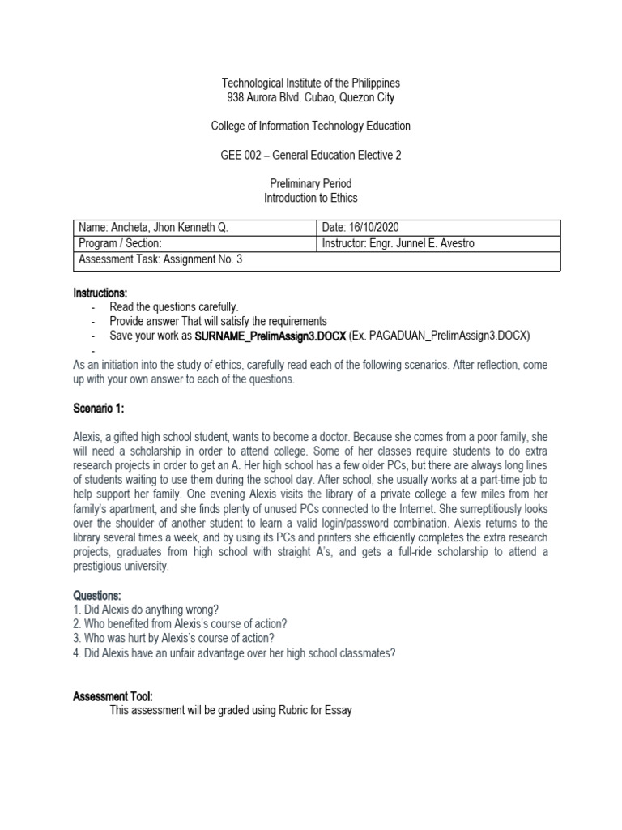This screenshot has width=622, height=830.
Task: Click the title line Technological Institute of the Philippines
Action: (311, 83)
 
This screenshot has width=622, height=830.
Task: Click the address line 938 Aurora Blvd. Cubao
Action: (311, 98)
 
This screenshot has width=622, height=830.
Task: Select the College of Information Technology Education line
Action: (311, 126)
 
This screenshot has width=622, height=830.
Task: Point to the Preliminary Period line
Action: (311, 184)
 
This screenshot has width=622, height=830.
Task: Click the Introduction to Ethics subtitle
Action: (311, 198)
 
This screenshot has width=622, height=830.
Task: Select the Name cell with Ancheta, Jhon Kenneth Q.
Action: (153, 228)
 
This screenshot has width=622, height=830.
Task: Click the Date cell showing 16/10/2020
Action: (360, 228)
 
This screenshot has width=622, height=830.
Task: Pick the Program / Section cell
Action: (121, 244)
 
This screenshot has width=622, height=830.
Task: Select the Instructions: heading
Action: (100, 293)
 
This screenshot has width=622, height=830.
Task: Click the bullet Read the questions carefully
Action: (174, 307)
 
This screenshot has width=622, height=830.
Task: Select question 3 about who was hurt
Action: (173, 638)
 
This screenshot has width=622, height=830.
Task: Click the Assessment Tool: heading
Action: (113, 696)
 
